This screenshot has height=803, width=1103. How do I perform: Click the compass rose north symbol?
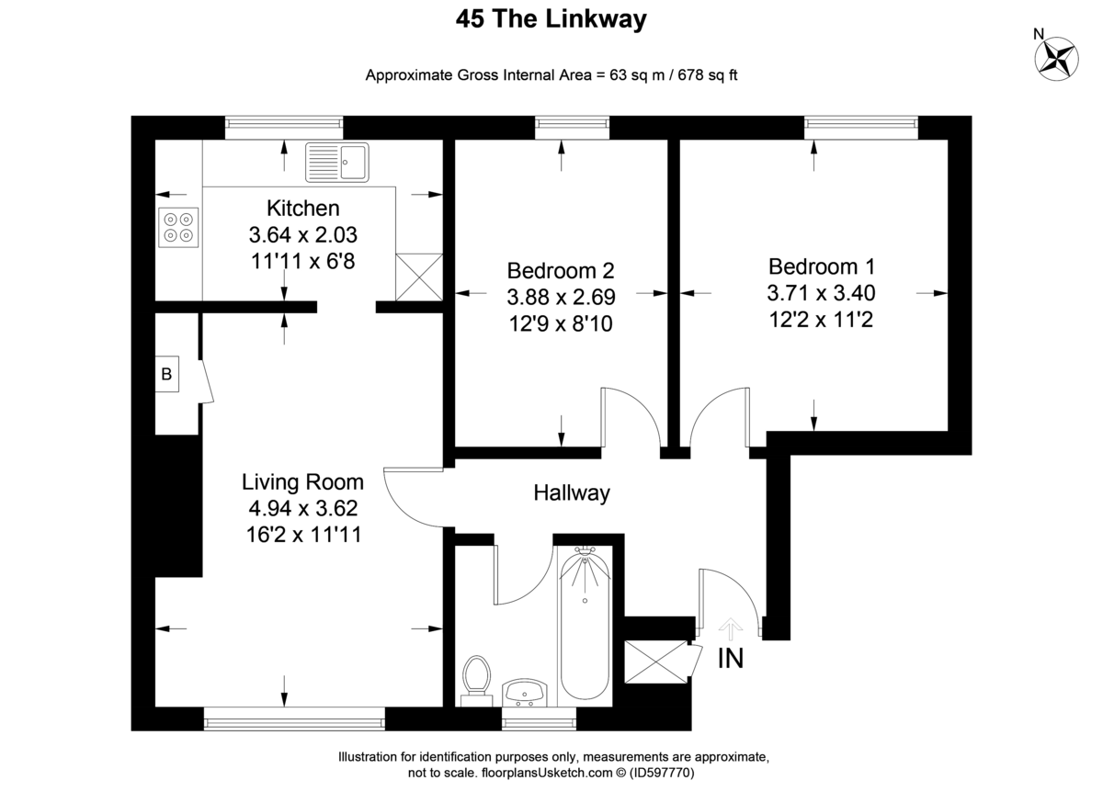click(1057, 57)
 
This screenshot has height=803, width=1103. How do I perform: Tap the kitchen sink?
click(337, 163)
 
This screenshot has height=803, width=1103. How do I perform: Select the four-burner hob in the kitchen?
click(178, 228)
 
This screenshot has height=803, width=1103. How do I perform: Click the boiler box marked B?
click(166, 374)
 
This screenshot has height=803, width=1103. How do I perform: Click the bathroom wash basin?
click(525, 693)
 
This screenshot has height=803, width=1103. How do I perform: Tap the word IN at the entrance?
click(730, 658)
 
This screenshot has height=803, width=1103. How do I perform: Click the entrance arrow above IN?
click(730, 628)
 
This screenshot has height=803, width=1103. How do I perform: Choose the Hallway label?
click(572, 493)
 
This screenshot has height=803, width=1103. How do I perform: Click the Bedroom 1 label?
click(821, 267)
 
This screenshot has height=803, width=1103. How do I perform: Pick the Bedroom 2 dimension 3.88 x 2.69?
click(561, 298)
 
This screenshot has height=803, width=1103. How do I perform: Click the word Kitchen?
click(302, 209)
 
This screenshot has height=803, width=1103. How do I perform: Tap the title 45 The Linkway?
click(551, 19)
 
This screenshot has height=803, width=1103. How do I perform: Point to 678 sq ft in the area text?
click(708, 75)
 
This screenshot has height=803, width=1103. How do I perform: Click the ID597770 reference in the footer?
click(662, 774)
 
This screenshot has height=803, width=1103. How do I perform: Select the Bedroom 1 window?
click(860, 128)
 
